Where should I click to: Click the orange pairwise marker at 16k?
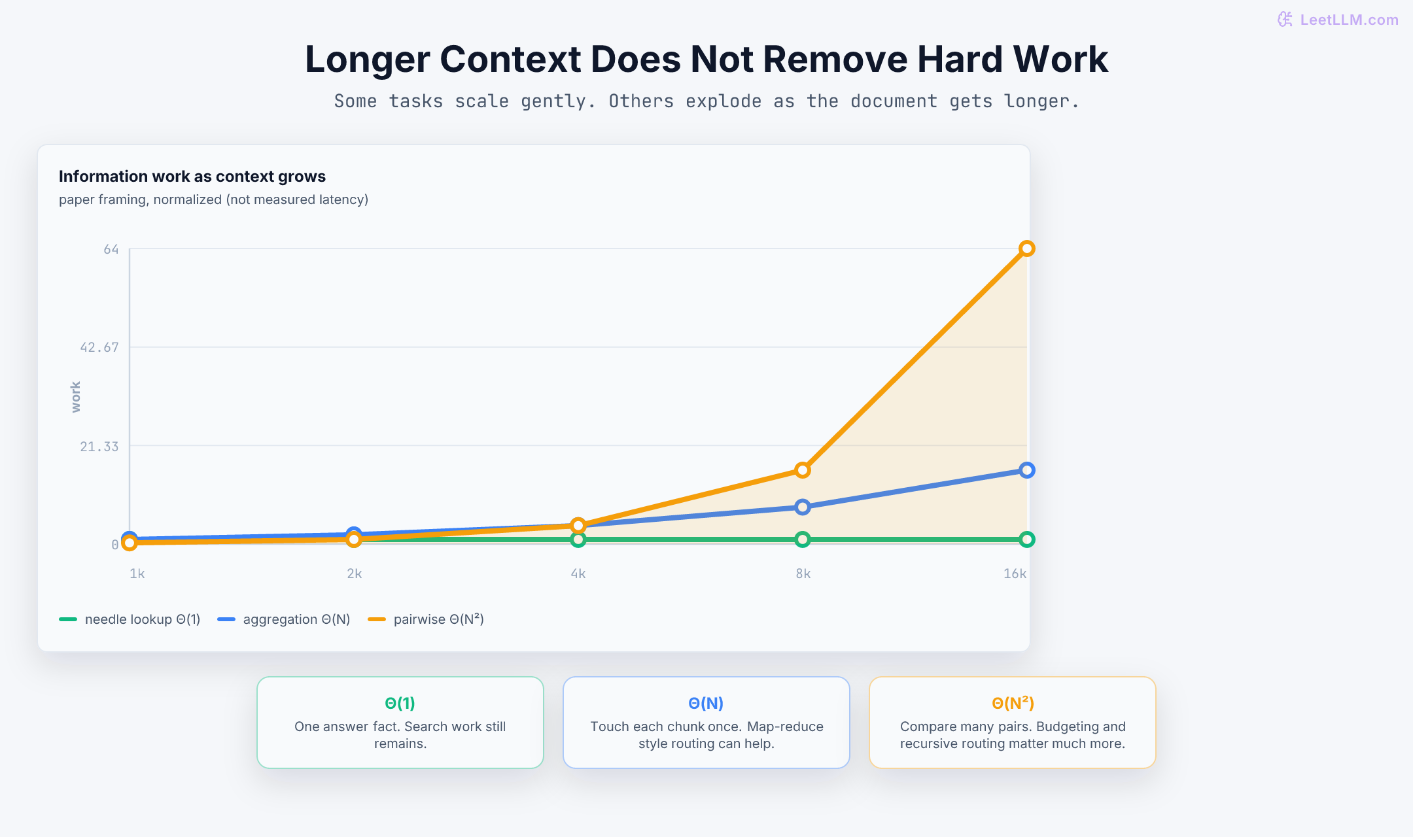pos(1026,248)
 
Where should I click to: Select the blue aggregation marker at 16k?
pos(1026,470)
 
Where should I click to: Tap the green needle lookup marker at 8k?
pos(803,539)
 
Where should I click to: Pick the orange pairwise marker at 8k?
pos(803,470)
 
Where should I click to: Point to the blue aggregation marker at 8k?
pos(803,507)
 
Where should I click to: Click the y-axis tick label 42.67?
pos(99,347)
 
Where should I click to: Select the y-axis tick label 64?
pos(111,249)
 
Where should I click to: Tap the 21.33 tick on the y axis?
pos(99,447)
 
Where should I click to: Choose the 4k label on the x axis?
pos(578,573)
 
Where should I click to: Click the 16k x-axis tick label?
pos(1015,573)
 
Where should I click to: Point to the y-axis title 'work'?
pos(76,397)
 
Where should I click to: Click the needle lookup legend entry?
pos(130,619)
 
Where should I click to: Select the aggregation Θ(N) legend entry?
pos(284,619)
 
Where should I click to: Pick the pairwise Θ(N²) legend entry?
pos(426,619)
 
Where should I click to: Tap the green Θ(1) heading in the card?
pos(400,703)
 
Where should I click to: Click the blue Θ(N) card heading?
pos(706,703)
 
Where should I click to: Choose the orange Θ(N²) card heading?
pos(1013,703)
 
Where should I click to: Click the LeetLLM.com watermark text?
pos(1349,20)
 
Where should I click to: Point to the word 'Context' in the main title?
pos(510,59)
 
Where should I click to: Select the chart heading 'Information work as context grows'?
pos(192,177)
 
